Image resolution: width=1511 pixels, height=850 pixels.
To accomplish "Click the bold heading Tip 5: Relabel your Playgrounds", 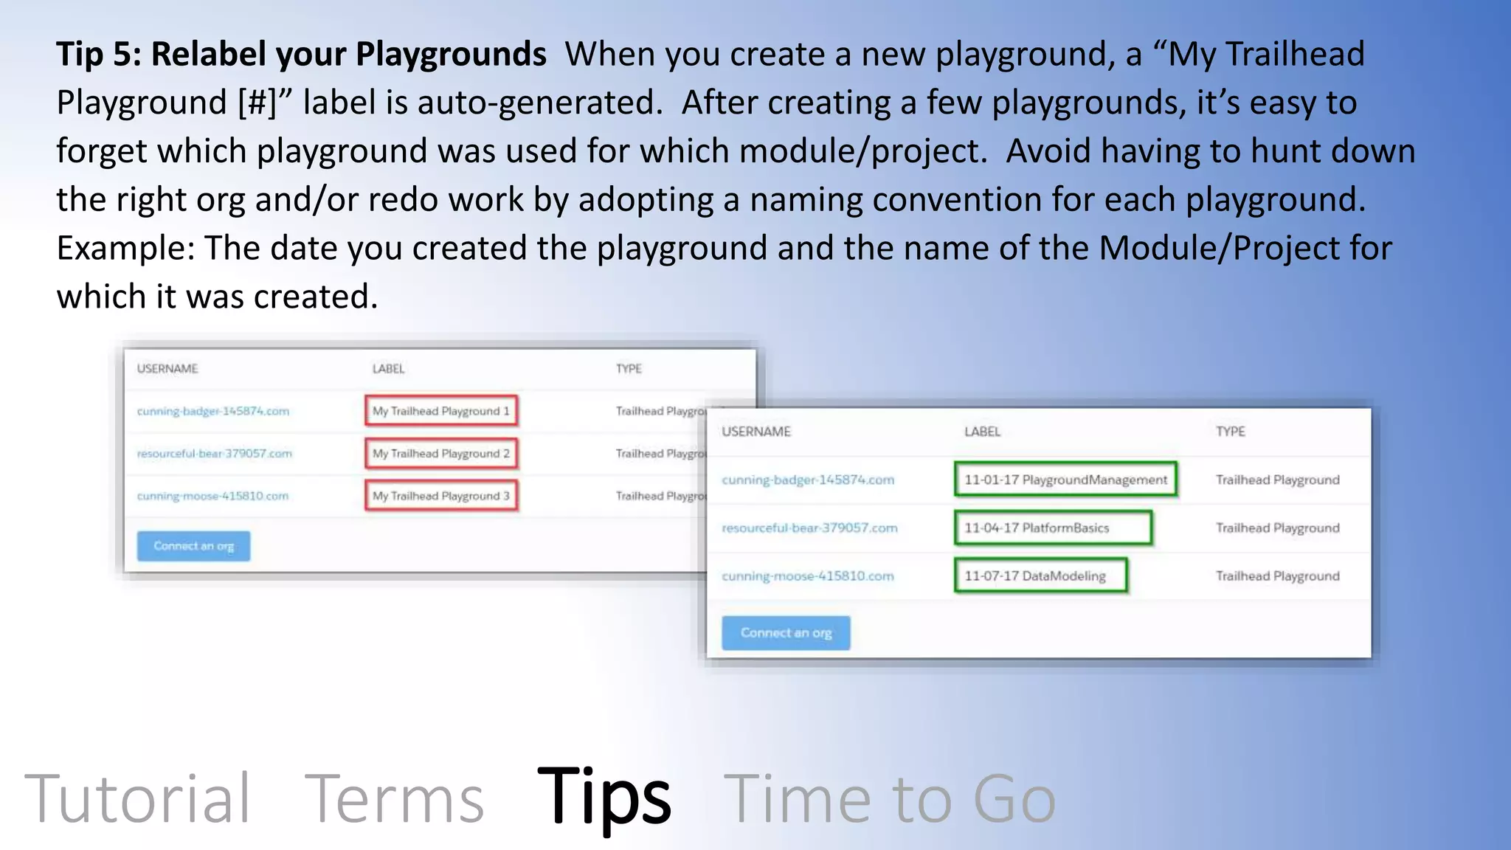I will (x=301, y=55).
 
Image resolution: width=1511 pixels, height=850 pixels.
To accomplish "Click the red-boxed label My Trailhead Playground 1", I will (x=441, y=411).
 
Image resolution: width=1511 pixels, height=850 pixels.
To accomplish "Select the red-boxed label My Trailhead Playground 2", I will (x=441, y=454).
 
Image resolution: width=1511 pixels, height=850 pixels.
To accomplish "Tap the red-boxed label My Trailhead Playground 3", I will (x=441, y=496).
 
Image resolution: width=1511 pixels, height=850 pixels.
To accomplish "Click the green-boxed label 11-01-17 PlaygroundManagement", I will (x=1065, y=480).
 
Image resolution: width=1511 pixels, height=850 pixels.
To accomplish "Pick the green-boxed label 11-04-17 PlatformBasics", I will (x=1052, y=528).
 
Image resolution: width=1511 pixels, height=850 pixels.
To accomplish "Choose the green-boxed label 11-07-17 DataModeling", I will (x=1040, y=576).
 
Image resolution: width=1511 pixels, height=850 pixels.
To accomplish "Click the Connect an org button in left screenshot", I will (x=193, y=547).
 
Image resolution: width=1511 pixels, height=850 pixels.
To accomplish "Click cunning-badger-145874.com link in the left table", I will (x=212, y=411).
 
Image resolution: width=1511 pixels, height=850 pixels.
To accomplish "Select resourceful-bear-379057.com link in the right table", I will (x=809, y=528).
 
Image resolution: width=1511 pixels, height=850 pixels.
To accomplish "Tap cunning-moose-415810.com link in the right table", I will (x=807, y=576).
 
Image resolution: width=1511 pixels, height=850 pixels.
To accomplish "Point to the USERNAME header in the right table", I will (x=755, y=432).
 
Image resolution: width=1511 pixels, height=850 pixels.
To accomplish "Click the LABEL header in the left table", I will (x=388, y=369).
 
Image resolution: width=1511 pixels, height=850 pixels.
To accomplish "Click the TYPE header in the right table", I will (x=1230, y=432).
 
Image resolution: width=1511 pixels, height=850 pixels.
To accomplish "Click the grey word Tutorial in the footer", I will (x=138, y=798).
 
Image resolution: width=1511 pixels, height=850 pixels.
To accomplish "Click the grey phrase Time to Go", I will (x=890, y=798).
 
